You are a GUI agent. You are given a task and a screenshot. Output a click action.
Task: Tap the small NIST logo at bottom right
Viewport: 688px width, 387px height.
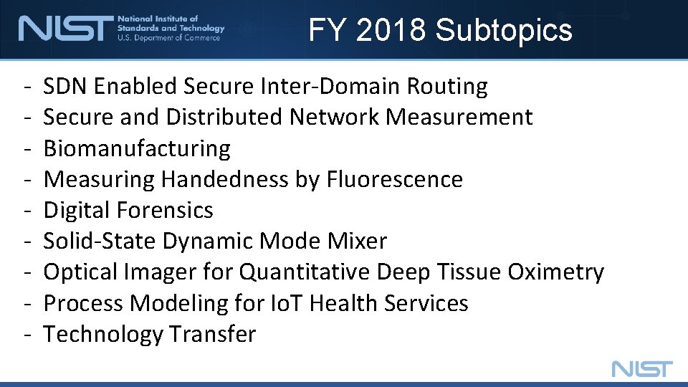(642, 369)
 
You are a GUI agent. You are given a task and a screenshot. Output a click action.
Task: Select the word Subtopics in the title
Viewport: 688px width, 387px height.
(504, 30)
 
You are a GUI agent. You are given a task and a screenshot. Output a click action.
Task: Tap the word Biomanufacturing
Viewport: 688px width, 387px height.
(137, 148)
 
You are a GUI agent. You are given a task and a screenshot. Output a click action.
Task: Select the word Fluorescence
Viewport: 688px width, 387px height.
(395, 179)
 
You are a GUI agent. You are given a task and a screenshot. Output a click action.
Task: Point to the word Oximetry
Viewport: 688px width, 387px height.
(555, 272)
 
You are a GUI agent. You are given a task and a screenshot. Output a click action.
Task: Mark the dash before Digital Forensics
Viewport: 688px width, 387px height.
(26, 211)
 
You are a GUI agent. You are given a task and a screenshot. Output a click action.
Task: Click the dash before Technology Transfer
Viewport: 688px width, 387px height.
(26, 335)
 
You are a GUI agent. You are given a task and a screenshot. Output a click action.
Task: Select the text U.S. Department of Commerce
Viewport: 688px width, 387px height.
(169, 38)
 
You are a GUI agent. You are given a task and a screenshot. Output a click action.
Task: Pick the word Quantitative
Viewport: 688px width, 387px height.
(305, 272)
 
